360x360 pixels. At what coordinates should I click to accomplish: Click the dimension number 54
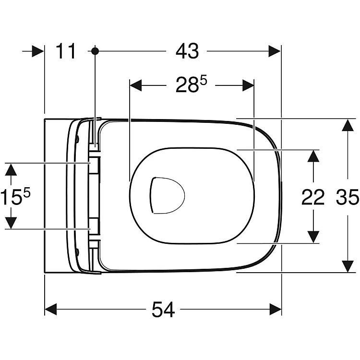163,310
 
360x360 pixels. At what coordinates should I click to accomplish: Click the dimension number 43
187,51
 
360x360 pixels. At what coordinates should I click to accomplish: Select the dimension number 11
66,51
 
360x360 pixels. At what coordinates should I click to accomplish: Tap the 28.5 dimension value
191,84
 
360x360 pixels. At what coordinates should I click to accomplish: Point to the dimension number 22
312,197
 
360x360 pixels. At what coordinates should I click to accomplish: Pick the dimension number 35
348,197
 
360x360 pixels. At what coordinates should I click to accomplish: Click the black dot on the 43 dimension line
95,51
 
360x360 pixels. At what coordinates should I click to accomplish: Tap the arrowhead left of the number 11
37,51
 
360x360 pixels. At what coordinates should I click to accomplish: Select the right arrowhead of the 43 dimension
275,51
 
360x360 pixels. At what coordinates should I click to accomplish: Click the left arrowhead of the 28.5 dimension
136,85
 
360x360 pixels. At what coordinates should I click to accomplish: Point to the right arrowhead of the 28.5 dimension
248,85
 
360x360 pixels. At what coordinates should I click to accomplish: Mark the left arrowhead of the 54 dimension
51,309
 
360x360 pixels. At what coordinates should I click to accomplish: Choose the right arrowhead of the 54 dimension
276,309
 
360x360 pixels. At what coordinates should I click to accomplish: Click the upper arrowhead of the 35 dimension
348,125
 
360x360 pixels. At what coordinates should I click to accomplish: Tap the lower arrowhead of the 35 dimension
348,266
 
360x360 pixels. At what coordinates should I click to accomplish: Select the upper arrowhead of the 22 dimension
313,156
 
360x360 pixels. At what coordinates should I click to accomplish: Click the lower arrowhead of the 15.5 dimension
11,223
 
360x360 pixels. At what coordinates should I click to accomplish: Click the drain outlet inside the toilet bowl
167,195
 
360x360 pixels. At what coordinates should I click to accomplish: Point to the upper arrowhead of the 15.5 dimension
11,169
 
